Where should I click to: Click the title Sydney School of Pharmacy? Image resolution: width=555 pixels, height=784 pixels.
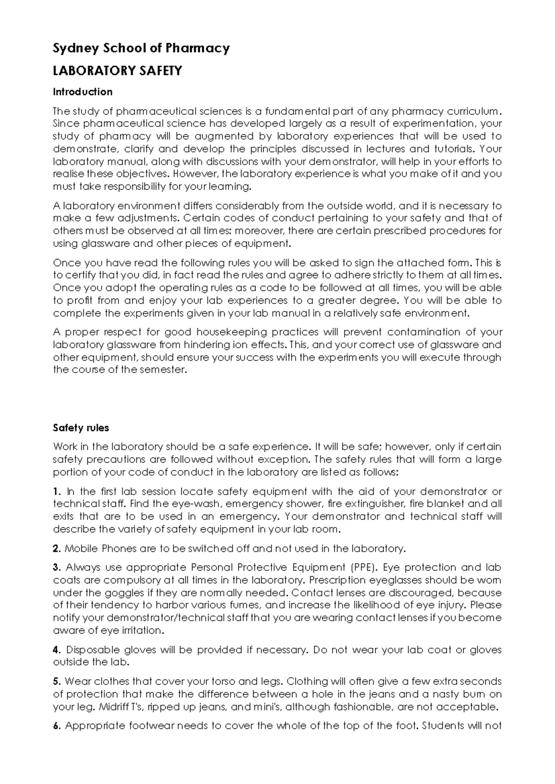pyautogui.click(x=141, y=48)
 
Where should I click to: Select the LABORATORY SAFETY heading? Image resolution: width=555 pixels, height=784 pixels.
pyautogui.click(x=117, y=71)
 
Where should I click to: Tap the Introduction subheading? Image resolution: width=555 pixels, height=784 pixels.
pyautogui.click(x=83, y=92)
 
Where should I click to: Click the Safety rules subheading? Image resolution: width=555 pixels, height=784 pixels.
pyautogui.click(x=81, y=428)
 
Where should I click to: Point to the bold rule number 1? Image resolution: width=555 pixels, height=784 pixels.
pyautogui.click(x=56, y=491)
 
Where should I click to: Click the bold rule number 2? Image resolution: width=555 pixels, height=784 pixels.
pyautogui.click(x=56, y=549)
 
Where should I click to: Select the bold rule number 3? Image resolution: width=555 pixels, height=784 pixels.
pyautogui.click(x=56, y=568)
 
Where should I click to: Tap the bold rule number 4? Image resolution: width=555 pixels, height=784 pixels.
pyautogui.click(x=56, y=650)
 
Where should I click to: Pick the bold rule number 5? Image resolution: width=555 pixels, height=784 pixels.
pyautogui.click(x=56, y=681)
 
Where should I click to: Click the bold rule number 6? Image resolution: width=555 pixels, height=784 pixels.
pyautogui.click(x=56, y=726)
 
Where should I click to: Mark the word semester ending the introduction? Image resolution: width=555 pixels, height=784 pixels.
pyautogui.click(x=166, y=370)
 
